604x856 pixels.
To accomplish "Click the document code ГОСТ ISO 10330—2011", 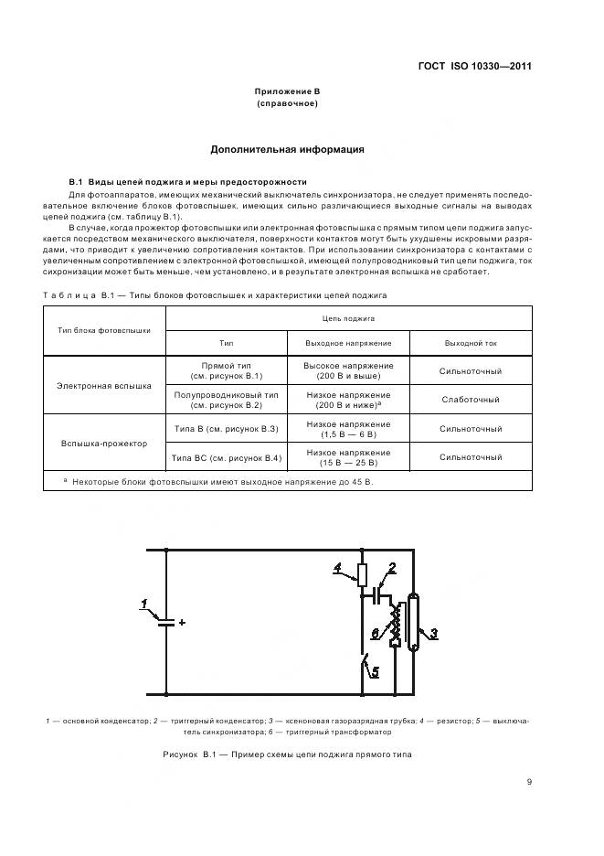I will [x=475, y=66].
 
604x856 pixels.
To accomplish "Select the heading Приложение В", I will [x=287, y=91].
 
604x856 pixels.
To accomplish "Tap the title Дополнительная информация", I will [x=287, y=149].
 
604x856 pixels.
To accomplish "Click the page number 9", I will [x=529, y=781].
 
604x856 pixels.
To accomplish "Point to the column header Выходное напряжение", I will [x=348, y=342].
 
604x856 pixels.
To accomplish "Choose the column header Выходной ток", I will [x=471, y=342].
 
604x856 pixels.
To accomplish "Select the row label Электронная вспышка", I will [x=104, y=386].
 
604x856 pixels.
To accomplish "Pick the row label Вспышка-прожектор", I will [x=104, y=443].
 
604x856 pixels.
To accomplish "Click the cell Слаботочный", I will [x=471, y=400].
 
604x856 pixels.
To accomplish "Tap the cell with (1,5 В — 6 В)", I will [x=348, y=434].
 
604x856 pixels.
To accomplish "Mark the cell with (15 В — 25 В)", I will [x=348, y=463].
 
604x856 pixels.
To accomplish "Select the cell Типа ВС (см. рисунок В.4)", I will [x=226, y=457].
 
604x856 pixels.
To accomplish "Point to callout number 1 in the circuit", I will [x=143, y=603].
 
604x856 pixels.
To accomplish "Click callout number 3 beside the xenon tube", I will [x=434, y=632].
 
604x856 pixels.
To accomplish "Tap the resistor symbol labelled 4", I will [x=362, y=575].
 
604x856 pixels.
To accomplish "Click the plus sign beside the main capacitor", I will [x=183, y=622].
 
